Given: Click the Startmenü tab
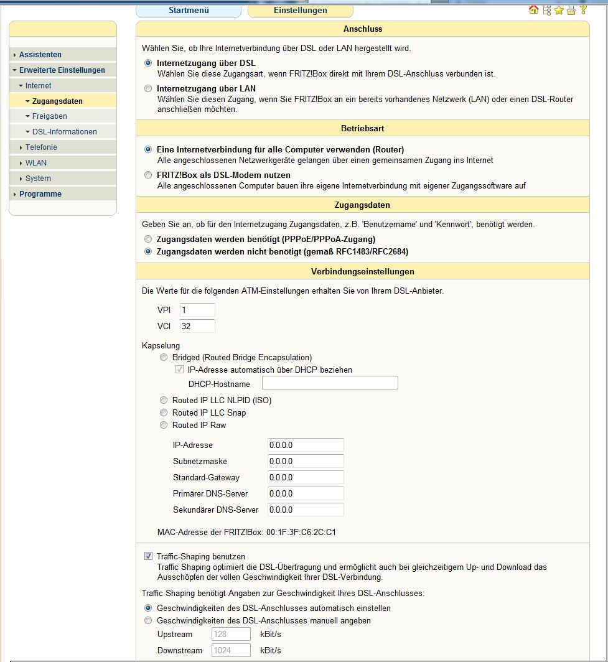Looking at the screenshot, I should [x=188, y=11].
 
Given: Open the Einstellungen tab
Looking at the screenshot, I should [x=300, y=11].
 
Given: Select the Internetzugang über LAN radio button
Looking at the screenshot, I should [x=148, y=89].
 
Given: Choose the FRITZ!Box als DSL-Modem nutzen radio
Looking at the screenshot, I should [x=148, y=175].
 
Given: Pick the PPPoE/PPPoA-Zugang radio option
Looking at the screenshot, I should [x=148, y=239].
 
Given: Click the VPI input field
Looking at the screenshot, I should [x=197, y=310].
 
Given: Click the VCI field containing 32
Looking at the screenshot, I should [x=197, y=326].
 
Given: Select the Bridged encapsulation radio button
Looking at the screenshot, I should [x=164, y=358].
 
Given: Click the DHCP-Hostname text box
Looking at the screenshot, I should [x=330, y=383].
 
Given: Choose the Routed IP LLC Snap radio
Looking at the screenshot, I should [x=164, y=413].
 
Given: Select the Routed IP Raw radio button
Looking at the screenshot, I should [x=164, y=426].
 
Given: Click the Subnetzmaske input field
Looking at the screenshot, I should [x=306, y=462].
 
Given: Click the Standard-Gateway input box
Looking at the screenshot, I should [x=306, y=478].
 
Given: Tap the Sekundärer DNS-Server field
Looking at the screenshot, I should [x=306, y=510].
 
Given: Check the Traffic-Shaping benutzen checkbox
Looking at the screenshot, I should [x=148, y=556].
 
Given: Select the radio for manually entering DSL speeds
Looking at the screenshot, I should [x=148, y=621].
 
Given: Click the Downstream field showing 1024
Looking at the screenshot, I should [x=231, y=651].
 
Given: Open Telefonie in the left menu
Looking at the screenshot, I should [x=41, y=147].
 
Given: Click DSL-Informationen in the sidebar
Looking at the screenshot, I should [x=64, y=132].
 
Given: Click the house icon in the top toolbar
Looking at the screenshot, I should [x=533, y=10].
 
